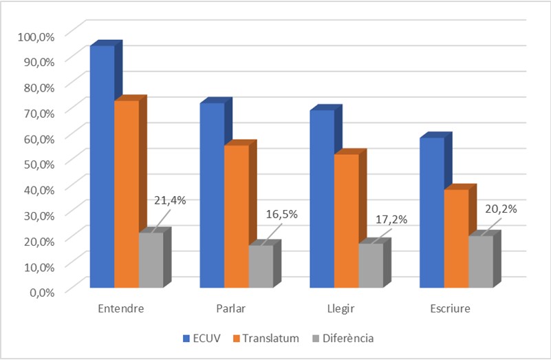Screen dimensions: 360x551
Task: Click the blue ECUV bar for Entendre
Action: (102, 165)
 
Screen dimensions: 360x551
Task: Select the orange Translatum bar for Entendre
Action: (126, 193)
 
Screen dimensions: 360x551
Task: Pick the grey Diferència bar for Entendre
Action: (151, 260)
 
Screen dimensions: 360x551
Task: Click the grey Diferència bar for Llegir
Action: (370, 265)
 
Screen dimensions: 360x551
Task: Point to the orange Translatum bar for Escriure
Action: (456, 237)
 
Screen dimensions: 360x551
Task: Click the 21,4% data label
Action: (170, 200)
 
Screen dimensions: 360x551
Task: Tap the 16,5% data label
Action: (281, 214)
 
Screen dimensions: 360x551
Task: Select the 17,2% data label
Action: (391, 220)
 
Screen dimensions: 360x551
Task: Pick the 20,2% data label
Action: (501, 209)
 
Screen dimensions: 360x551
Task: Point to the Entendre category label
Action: (120, 308)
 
